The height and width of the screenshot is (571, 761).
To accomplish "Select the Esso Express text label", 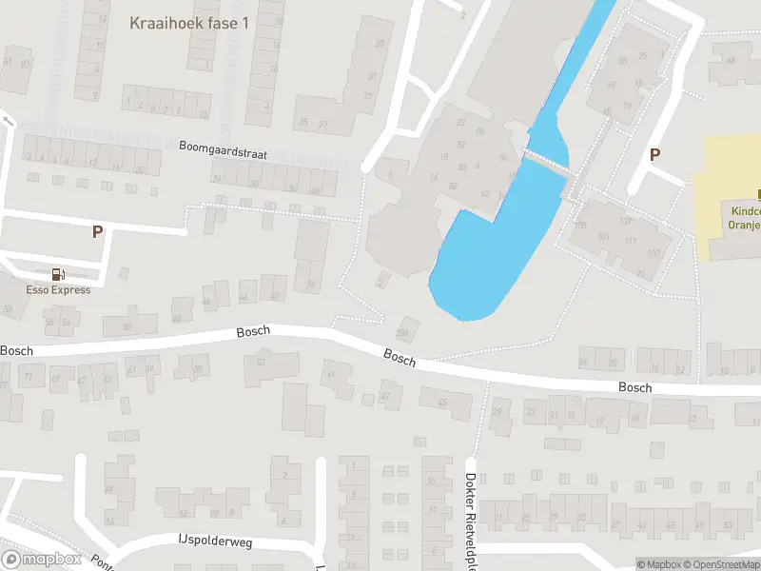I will tap(59, 290).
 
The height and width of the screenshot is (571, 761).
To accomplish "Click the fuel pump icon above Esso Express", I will tap(58, 274).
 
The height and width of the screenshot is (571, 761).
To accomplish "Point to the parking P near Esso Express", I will tap(97, 231).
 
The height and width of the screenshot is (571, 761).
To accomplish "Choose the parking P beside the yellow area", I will tap(654, 154).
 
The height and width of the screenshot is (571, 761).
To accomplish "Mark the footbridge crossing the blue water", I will tap(547, 164).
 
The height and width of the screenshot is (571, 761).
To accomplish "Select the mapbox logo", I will tap(42, 559).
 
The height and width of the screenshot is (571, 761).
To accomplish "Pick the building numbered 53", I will tap(262, 362).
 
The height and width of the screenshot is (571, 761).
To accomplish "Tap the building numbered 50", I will tap(127, 327).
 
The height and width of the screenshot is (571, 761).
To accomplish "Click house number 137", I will tap(625, 222).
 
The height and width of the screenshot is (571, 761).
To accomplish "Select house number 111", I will tap(630, 241).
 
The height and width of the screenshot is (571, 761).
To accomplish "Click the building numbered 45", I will tap(442, 403).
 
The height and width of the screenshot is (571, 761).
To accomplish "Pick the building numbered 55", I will tap(623, 62).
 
